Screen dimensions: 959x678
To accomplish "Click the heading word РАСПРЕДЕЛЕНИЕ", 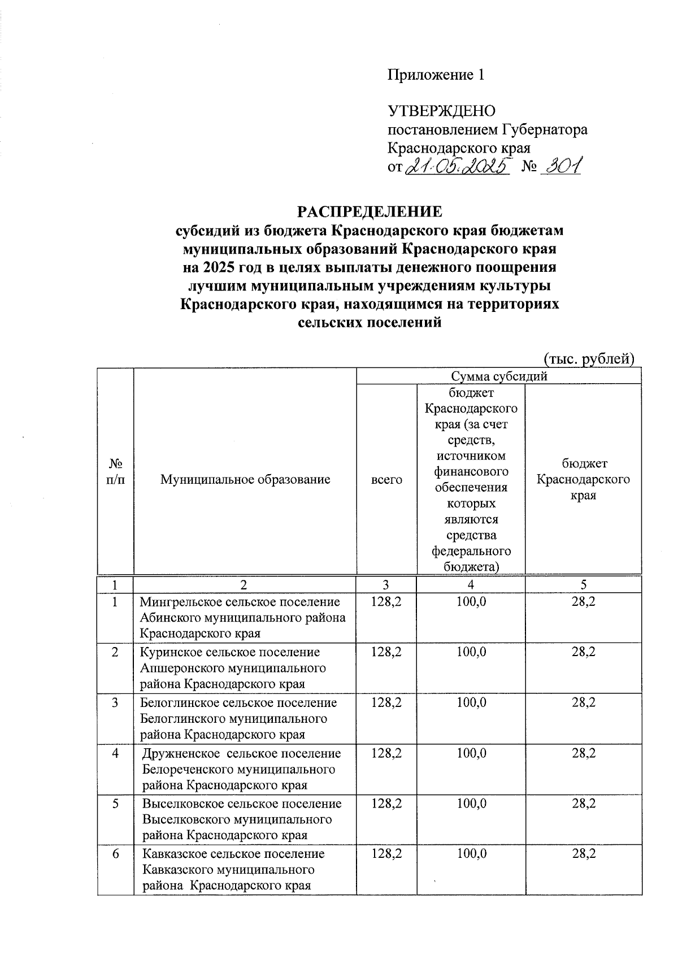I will point(370,211).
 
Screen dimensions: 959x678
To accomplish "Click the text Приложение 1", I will point(435,75).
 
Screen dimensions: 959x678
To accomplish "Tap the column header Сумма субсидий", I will point(499,376).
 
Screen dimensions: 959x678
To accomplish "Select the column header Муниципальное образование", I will point(245,480).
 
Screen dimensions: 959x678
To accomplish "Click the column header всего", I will point(386,480).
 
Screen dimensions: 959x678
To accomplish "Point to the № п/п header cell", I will point(115,472).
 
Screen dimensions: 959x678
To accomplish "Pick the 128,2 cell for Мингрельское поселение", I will point(386,602).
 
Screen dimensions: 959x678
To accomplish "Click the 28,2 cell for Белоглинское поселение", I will point(583,702).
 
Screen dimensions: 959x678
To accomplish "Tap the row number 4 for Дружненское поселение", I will point(115,753).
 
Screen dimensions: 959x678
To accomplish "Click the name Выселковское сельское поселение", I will point(242,804).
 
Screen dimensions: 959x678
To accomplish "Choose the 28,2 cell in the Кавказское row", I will point(583,854).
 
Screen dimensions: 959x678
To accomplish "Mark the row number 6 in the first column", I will point(115,854).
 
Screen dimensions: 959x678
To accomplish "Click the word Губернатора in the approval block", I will point(545,129).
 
